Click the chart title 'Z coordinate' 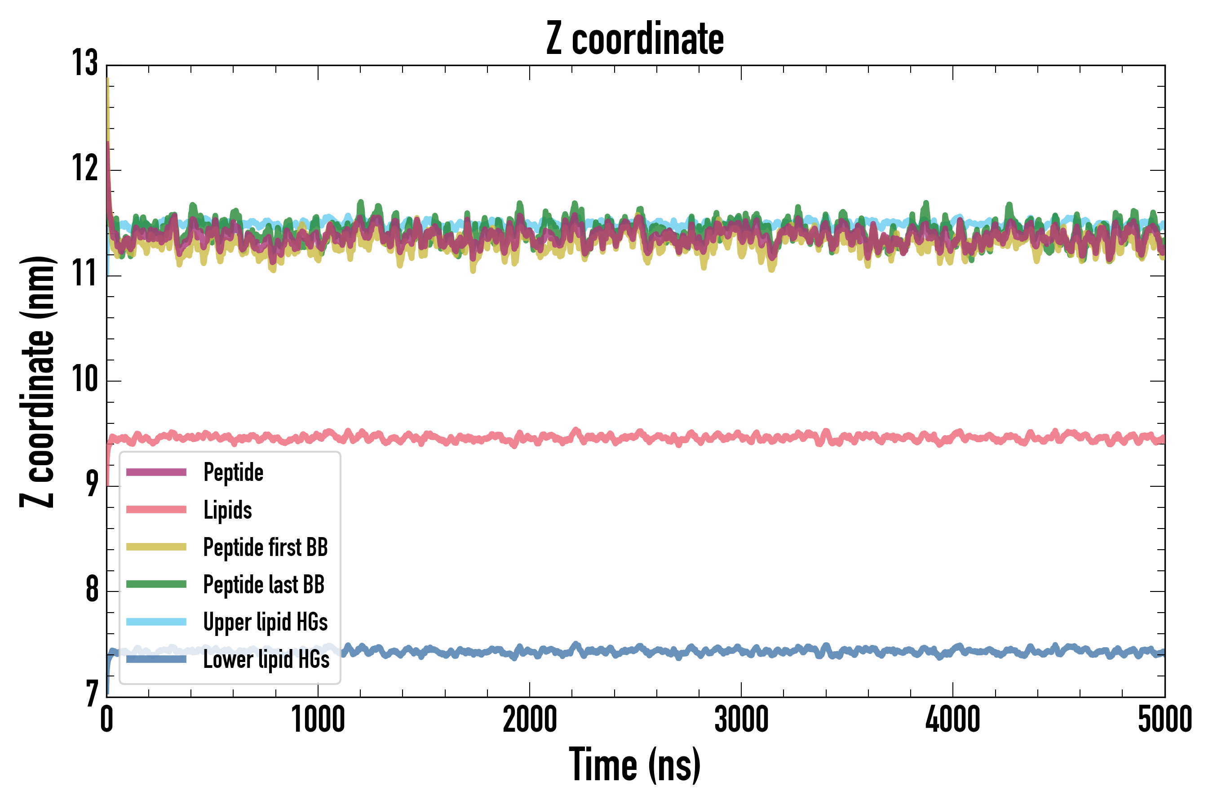click(x=635, y=39)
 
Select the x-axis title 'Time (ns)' click(x=635, y=765)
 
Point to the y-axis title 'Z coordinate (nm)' click(x=37, y=382)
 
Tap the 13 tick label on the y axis click(x=84, y=63)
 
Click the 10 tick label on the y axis click(x=84, y=380)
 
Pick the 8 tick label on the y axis click(x=92, y=590)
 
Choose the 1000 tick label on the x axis click(x=318, y=720)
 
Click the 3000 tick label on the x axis click(x=741, y=720)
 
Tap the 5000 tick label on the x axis click(x=1164, y=720)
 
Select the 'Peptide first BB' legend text click(x=265, y=547)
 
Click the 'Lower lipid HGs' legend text click(x=266, y=659)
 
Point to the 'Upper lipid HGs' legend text click(x=265, y=622)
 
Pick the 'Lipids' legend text click(x=227, y=510)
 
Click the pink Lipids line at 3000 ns click(x=741, y=436)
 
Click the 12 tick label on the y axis click(x=84, y=169)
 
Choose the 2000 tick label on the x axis click(x=530, y=720)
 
